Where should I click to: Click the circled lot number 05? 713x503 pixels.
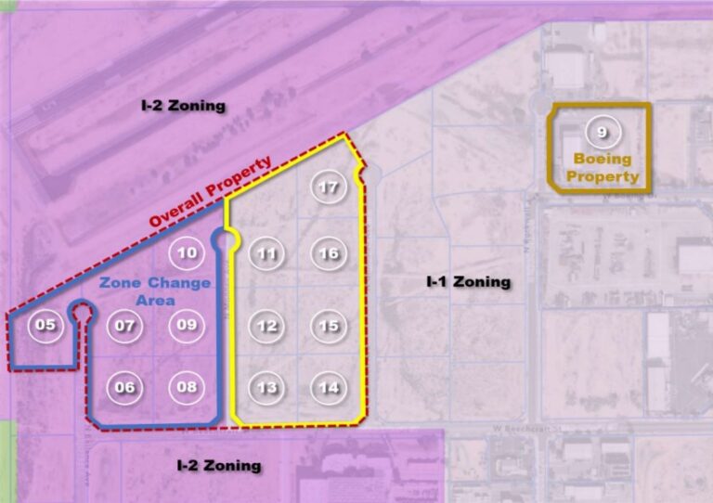coord(45,325)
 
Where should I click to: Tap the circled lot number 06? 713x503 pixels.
coord(124,387)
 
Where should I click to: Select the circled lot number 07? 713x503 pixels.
coord(124,325)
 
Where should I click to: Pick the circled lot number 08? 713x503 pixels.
coord(187,387)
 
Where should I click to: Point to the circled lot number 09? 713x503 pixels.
coord(187,325)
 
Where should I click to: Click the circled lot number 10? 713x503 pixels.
coord(187,252)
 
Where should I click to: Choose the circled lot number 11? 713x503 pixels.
coord(267,253)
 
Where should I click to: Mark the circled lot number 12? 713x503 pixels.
coord(267,326)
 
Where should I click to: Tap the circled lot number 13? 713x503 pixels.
coord(267,388)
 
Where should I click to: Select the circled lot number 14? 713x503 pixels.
coord(329,388)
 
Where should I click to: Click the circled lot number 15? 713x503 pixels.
coord(329,326)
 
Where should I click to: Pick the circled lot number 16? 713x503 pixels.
coord(329,253)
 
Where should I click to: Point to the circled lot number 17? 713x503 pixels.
coord(328,187)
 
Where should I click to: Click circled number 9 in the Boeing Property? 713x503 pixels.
coord(603,133)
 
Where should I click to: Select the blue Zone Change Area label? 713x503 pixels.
coord(155,291)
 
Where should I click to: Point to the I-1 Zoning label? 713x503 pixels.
coord(468,281)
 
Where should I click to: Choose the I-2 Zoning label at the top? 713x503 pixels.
coord(183,106)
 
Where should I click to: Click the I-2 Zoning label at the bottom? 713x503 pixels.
coord(219,465)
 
